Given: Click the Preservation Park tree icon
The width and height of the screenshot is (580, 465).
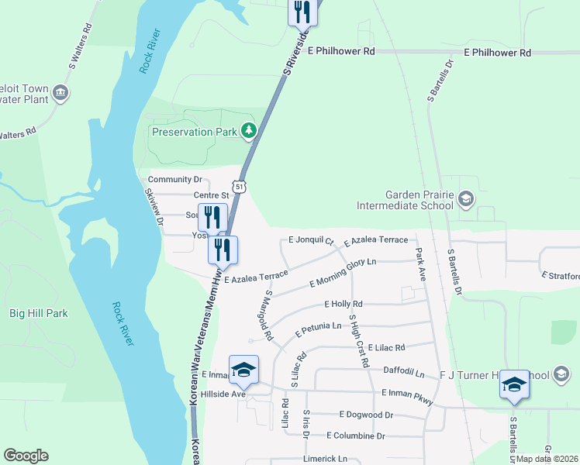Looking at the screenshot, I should pos(249,131).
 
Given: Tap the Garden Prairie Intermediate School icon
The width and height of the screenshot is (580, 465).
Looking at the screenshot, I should pos(465,200).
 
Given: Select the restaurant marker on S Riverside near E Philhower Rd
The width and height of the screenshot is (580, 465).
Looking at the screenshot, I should pos(302,13).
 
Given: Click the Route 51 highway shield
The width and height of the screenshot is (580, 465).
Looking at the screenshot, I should pos(242,187).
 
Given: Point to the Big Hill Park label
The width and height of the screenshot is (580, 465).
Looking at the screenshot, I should pos(39,313).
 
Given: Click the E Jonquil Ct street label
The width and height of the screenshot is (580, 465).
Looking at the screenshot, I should pos(310,241).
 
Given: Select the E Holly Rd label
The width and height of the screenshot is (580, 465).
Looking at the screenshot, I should pos(344,304).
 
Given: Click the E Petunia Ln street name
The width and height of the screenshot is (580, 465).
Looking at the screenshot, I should pos(319,329).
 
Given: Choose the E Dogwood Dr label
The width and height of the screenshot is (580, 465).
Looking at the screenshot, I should pos(361,415).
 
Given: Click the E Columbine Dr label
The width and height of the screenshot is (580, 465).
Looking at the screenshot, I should pos(356,436).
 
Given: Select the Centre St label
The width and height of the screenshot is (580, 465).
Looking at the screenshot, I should pos(212,195).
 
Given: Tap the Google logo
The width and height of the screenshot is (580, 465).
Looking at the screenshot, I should pos(26,455).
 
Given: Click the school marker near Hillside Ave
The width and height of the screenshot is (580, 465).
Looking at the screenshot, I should pos(243,370).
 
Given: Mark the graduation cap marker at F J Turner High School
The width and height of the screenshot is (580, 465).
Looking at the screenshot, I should pos(514,385).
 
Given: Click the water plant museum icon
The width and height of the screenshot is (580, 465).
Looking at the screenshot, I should pos(60,95).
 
